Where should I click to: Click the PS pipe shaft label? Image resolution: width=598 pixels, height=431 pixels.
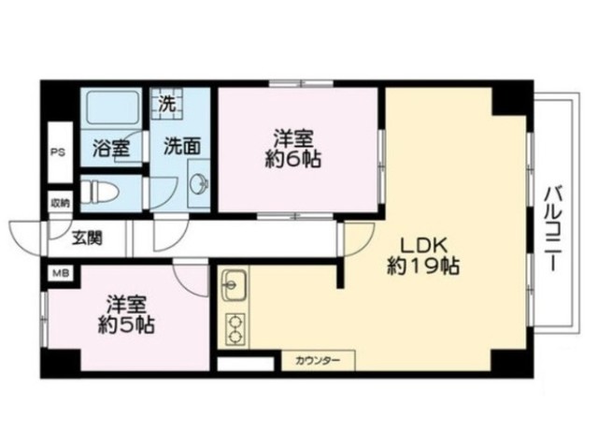point(58,152)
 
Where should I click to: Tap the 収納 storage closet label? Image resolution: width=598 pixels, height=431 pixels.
point(61,203)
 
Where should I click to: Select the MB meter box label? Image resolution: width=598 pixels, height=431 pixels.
point(60,273)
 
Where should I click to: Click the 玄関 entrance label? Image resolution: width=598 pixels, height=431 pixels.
point(88,238)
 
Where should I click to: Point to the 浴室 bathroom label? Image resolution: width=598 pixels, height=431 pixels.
point(111,148)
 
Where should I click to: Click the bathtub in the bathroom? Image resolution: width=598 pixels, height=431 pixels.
point(111,108)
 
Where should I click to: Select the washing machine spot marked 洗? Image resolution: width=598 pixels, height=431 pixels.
point(166,104)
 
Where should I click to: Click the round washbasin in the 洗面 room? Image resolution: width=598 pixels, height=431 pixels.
point(200,183)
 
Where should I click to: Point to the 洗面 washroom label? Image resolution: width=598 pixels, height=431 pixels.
point(182,146)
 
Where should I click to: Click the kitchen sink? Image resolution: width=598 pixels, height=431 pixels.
point(235,285)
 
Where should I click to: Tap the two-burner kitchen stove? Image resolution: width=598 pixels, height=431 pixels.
point(235,329)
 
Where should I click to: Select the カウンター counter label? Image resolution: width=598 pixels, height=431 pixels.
point(318,360)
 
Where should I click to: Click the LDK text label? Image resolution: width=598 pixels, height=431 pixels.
point(423,246)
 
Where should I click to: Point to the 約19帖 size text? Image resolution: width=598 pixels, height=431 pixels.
point(423,266)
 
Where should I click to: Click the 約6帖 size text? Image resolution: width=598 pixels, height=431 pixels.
point(292,159)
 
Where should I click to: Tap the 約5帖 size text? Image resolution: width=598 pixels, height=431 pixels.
point(126,325)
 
